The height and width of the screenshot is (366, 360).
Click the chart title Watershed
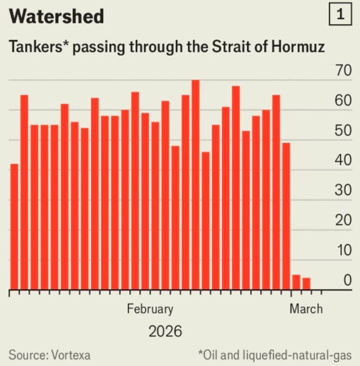(56, 17)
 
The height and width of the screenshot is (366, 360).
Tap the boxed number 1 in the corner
(340, 15)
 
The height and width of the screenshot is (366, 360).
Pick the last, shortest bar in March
(306, 284)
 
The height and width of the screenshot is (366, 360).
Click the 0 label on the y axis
(347, 280)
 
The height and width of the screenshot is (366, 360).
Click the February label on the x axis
(150, 308)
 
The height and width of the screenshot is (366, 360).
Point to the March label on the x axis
(306, 308)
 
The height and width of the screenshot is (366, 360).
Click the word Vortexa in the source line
(71, 355)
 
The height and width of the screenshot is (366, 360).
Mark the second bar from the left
(24, 193)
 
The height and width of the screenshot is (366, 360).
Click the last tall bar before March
(286, 216)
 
